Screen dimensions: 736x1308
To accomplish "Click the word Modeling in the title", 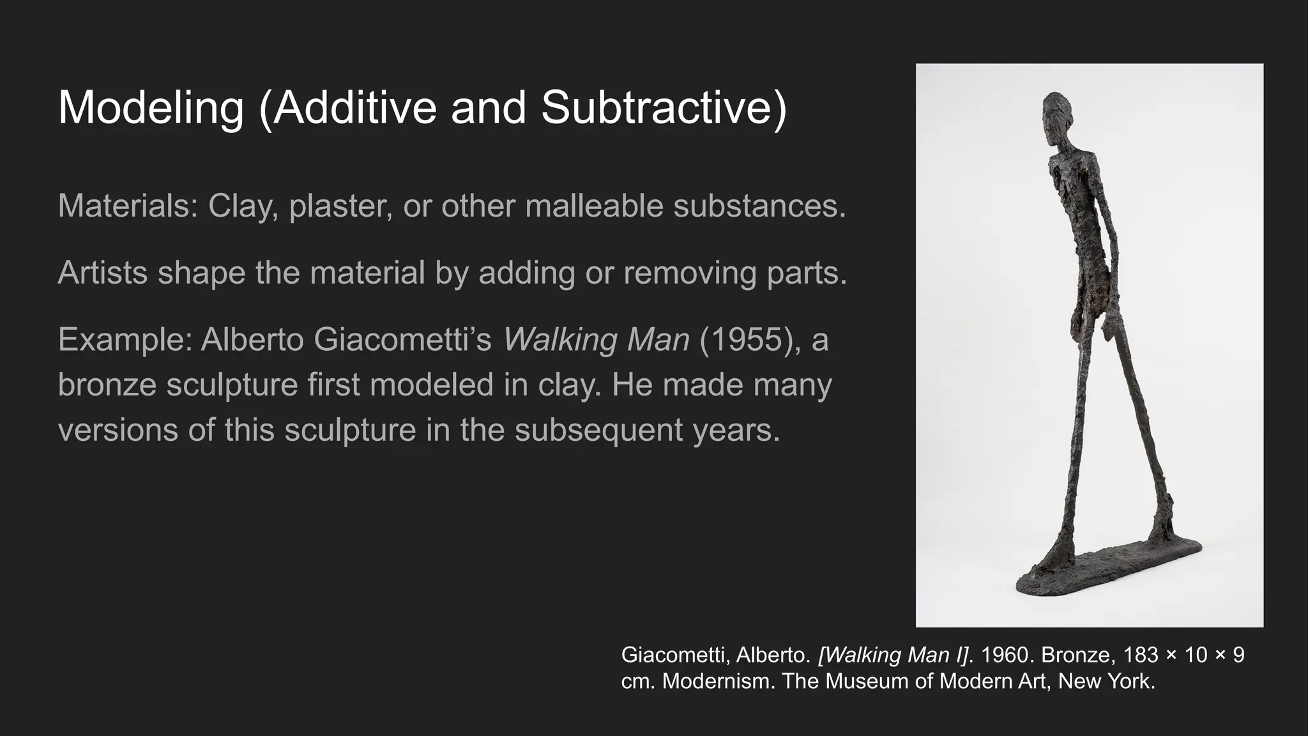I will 151,107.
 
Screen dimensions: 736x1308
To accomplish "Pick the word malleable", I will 594,206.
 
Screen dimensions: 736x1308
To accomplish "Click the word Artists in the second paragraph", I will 103,273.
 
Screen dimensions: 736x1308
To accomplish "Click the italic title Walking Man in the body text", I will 596,339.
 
